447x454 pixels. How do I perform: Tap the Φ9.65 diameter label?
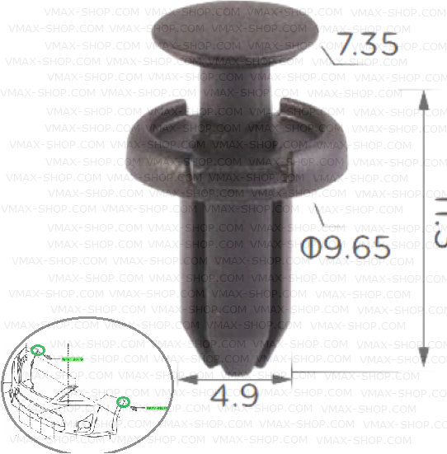346,246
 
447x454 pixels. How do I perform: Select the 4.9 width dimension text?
235,395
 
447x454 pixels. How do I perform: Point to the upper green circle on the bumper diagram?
37,349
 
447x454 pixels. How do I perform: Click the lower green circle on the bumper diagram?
125,402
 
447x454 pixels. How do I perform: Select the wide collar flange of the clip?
239,148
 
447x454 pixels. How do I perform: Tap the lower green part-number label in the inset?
157,408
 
